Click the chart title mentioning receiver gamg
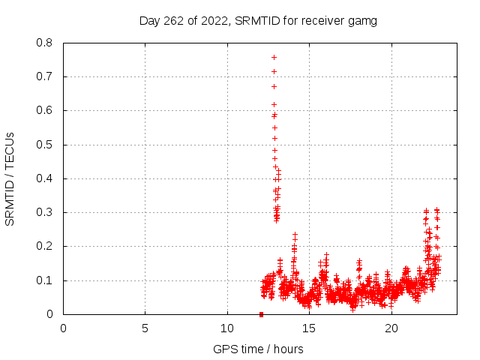click(258, 20)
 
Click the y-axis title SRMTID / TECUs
click(10, 178)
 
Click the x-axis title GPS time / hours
click(258, 349)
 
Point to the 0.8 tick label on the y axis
click(44, 43)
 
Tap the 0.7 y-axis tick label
click(44, 76)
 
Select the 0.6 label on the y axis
click(44, 110)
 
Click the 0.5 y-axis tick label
click(44, 145)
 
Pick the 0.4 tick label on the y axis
click(44, 178)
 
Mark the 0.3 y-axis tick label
click(44, 212)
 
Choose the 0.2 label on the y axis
click(44, 246)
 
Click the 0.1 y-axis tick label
click(44, 280)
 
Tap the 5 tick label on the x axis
click(145, 328)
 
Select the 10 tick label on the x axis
click(227, 328)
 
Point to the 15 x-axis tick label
click(309, 328)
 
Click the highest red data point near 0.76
click(274, 57)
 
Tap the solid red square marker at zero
click(261, 314)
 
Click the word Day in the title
click(150, 20)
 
